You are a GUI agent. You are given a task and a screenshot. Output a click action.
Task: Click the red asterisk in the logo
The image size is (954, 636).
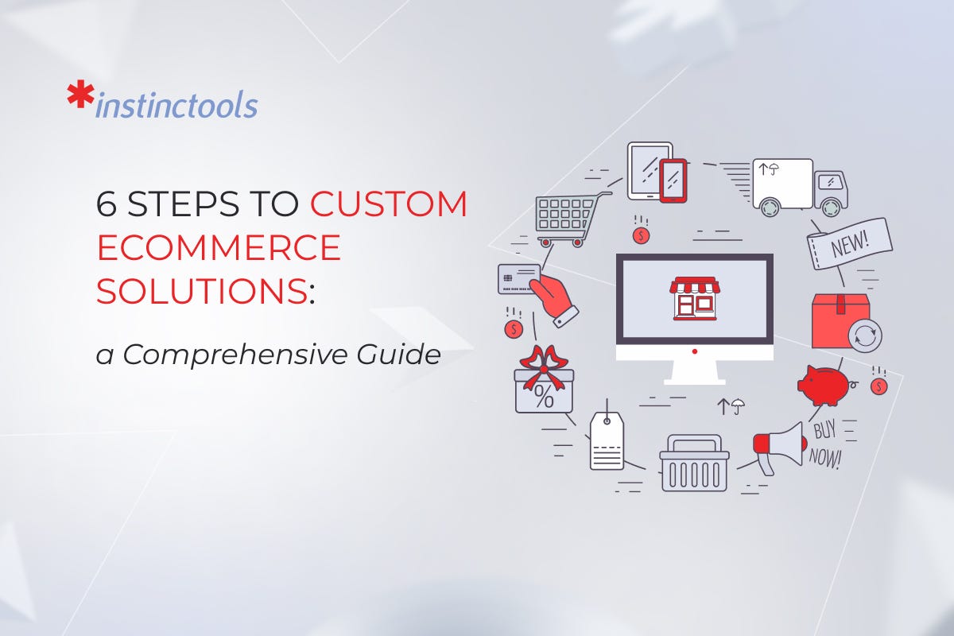tap(79, 95)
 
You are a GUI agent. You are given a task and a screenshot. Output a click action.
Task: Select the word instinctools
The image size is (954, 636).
tap(176, 105)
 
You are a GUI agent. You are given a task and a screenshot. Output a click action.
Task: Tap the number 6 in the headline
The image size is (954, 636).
tap(107, 205)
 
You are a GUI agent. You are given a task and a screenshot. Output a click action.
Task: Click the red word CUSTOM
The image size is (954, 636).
tap(388, 205)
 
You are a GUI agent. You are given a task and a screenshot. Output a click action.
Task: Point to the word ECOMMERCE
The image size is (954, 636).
tap(219, 249)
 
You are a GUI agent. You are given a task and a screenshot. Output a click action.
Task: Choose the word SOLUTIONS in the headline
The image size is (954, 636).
tap(202, 292)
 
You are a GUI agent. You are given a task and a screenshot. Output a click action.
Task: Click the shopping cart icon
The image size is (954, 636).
tap(567, 215)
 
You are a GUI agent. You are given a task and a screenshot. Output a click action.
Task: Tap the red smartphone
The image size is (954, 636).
tap(673, 180)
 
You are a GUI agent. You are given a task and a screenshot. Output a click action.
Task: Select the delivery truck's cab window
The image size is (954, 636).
tap(829, 182)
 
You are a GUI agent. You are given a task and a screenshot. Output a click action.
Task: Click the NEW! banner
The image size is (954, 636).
tap(850, 242)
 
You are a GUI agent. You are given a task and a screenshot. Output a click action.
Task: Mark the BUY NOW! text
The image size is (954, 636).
tap(826, 446)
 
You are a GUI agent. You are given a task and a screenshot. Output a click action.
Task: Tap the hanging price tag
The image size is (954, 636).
tap(607, 440)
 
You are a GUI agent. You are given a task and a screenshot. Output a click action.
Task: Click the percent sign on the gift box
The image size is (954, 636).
tap(544, 397)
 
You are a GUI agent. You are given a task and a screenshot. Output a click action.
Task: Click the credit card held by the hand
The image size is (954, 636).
tap(517, 278)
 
